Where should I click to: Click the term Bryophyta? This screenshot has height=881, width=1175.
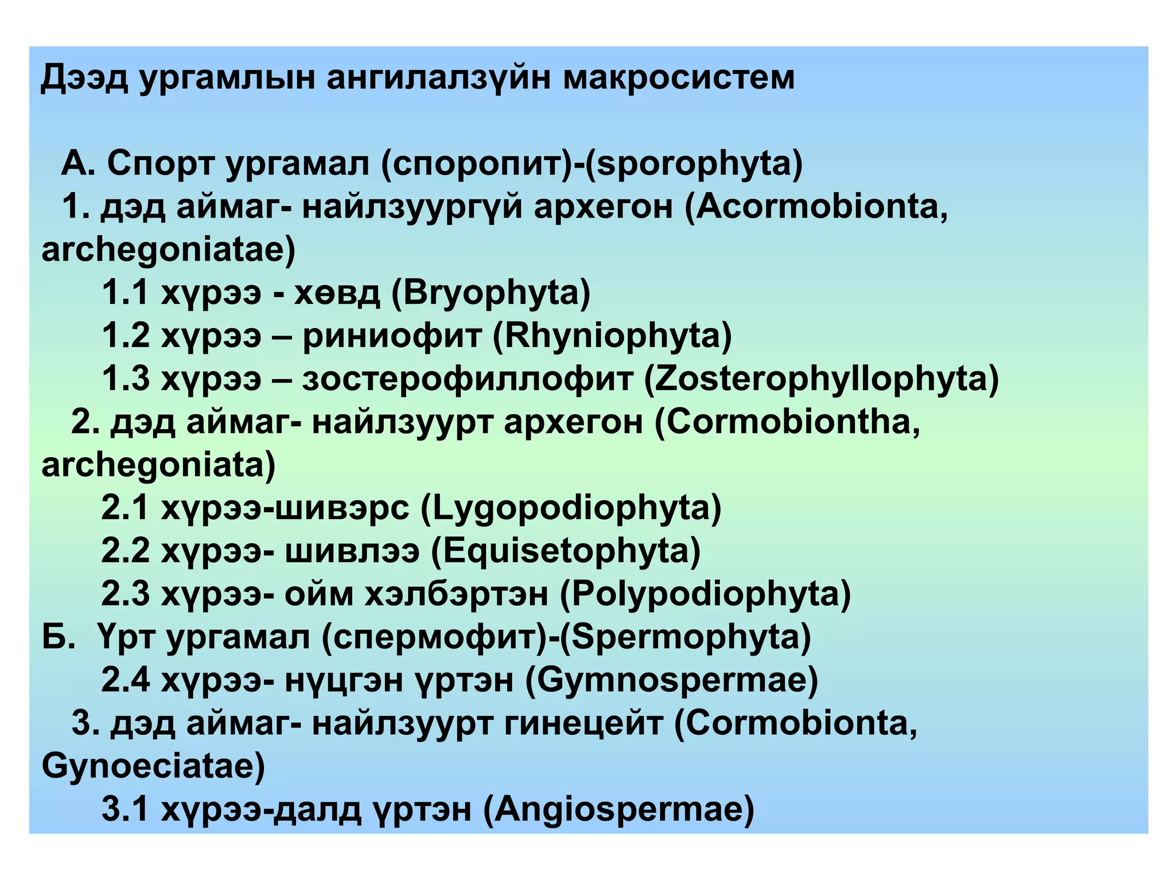coord(491,293)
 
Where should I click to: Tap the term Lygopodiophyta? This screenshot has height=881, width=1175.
coord(571,508)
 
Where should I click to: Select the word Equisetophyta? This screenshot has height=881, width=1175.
coord(566,551)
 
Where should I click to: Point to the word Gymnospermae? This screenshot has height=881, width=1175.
coord(671,680)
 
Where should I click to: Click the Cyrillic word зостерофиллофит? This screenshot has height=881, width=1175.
coord(467,379)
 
